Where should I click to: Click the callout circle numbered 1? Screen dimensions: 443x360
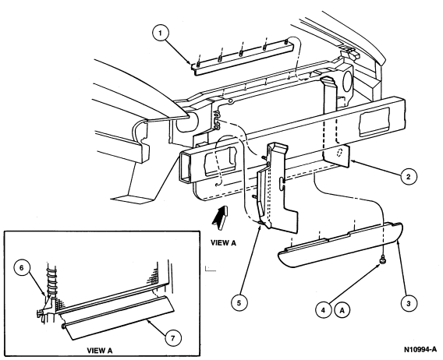click(160, 34)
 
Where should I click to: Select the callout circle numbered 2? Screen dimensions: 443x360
click(409, 177)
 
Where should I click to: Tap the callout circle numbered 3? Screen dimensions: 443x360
click(409, 304)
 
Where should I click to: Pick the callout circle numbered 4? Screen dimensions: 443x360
click(323, 310)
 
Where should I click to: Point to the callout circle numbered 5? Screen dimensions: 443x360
click(239, 303)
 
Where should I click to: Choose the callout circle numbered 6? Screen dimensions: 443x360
click(22, 268)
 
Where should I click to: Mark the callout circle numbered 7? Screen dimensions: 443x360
click(173, 337)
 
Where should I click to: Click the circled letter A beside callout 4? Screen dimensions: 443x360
click(342, 310)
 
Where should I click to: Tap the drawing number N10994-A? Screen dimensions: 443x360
click(420, 349)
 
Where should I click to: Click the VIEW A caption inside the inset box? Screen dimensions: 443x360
click(100, 351)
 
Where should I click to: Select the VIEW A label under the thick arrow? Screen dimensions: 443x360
click(223, 242)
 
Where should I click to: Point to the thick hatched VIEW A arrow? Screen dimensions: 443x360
click(221, 215)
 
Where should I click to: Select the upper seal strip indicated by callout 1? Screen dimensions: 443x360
click(242, 58)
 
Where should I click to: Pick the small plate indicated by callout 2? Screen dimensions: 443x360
click(337, 157)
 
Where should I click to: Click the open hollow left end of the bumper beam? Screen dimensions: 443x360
click(186, 167)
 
